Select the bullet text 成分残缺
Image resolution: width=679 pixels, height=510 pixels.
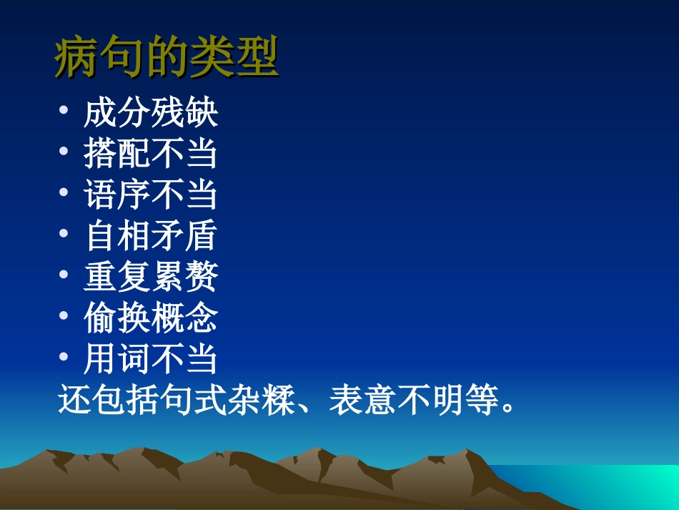[x=150, y=113]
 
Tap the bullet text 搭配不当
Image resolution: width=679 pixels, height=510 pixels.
[x=150, y=154]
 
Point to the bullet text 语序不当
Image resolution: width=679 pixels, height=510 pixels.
[x=150, y=195]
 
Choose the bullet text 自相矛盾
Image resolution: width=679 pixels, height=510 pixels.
[x=150, y=236]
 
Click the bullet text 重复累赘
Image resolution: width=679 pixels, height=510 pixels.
[x=150, y=277]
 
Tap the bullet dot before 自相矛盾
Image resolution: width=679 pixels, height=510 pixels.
[x=64, y=235]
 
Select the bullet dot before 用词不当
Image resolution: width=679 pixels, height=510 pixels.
[x=64, y=358]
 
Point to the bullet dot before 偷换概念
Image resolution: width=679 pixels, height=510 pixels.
[x=64, y=317]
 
